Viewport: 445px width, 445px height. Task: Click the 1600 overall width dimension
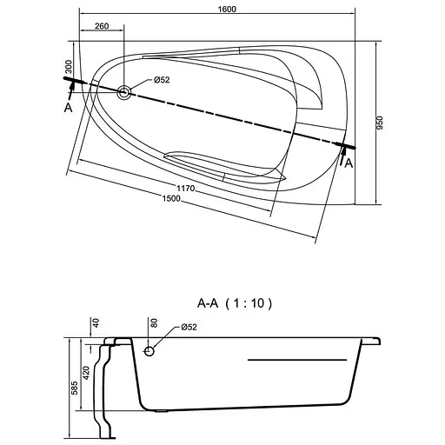tap(227, 10)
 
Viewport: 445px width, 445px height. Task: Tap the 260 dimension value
tap(102, 26)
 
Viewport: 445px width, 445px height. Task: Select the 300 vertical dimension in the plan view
tap(69, 67)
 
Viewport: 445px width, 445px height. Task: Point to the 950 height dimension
tap(380, 123)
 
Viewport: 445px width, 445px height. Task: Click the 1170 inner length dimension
tap(186, 189)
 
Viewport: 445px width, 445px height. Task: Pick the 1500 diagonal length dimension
tap(171, 199)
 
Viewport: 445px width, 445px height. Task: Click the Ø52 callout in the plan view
tap(162, 80)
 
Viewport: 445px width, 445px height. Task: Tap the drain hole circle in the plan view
tap(123, 92)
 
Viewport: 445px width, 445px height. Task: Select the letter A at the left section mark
tap(68, 108)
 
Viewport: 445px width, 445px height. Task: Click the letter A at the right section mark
tap(349, 163)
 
